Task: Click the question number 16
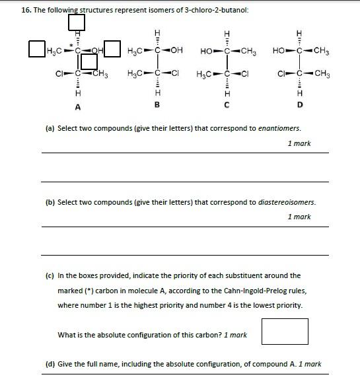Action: pyautogui.click(x=26, y=11)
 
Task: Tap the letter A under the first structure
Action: pyautogui.click(x=77, y=106)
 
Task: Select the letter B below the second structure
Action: pyautogui.click(x=157, y=104)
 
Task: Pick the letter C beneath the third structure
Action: pyautogui.click(x=227, y=104)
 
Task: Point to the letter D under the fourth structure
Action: pyautogui.click(x=300, y=104)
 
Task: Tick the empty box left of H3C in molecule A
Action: pyautogui.click(x=37, y=49)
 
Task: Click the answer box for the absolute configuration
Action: pyautogui.click(x=285, y=332)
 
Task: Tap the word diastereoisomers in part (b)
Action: pyautogui.click(x=287, y=202)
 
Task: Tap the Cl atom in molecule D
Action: pyautogui.click(x=283, y=73)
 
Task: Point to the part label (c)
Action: pyautogui.click(x=50, y=276)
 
